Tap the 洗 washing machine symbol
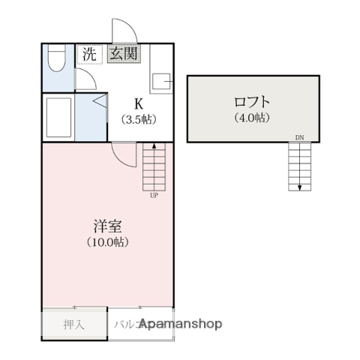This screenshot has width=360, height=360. pos(89,54)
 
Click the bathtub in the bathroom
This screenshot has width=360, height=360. pos(58,117)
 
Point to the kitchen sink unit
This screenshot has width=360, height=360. pos(161,80)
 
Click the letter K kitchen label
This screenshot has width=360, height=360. pos(138,103)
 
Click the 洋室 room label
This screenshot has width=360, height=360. pos(106,225)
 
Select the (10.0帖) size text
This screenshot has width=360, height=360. pos(106,241)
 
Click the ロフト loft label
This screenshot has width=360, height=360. pos(252,101)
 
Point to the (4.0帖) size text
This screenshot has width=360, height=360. pos(252,117)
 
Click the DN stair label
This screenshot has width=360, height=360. pos(299,138)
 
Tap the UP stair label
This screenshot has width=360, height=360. pos(153,196)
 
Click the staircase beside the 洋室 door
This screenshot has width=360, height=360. pos(153,166)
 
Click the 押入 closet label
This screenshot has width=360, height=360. pos(73,325)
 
